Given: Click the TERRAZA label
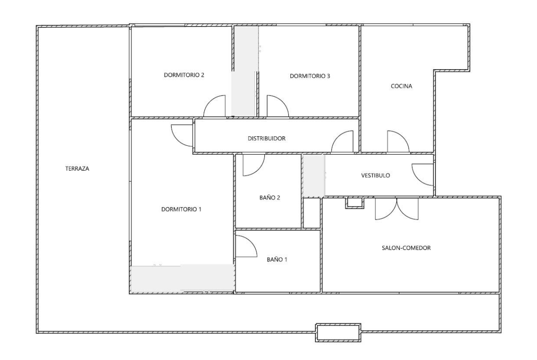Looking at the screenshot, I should (77, 168).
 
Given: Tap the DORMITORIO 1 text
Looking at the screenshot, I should (182, 210).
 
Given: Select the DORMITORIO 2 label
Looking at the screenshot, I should (184, 76).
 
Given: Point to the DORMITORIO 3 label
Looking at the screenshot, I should (310, 76).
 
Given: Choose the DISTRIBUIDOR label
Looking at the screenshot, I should (267, 138).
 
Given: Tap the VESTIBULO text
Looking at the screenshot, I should (375, 175).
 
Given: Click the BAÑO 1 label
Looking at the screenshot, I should (277, 259).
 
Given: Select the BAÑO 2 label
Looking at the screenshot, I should (270, 198).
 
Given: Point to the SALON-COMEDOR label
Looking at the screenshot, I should (406, 248).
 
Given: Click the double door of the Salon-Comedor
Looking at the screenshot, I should (397, 209).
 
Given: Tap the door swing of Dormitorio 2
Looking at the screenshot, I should (215, 106).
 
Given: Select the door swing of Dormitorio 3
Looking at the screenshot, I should (277, 106).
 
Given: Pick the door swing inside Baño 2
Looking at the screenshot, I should (252, 165).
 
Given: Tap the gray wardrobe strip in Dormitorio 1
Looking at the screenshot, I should (182, 278).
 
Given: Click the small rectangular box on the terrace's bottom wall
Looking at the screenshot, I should (338, 332).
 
